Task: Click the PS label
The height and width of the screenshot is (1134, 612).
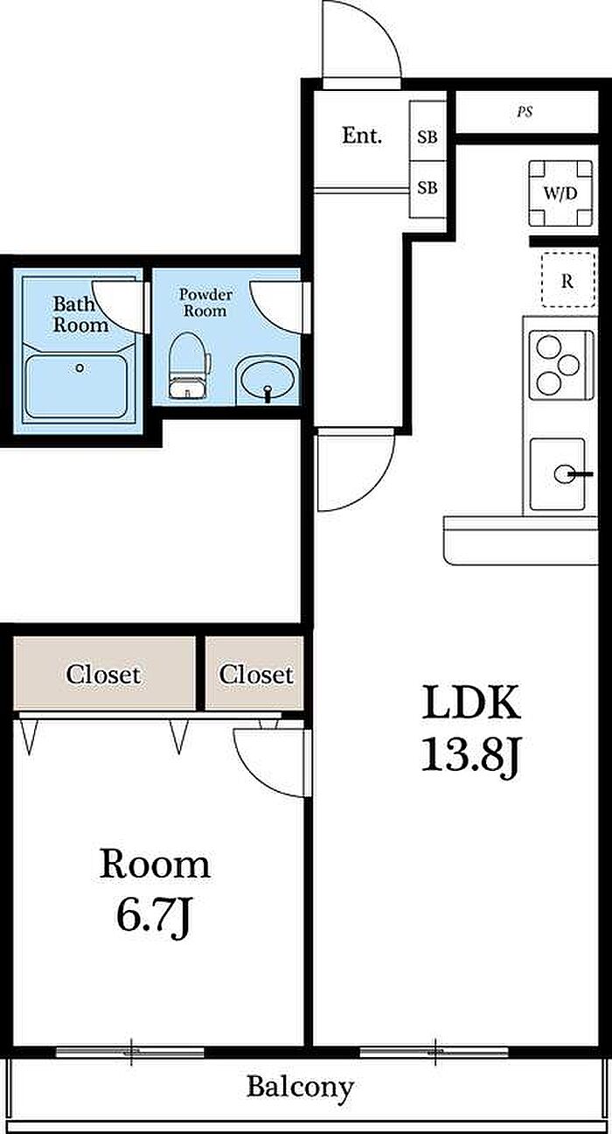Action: click(x=525, y=112)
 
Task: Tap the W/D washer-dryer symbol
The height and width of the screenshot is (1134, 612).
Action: click(x=560, y=192)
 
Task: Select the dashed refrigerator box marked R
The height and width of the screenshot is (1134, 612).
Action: click(x=567, y=280)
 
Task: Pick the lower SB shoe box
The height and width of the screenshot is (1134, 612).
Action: click(x=428, y=189)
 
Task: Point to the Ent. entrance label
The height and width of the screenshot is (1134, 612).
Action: click(x=362, y=136)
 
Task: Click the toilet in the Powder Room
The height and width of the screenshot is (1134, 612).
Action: click(x=189, y=365)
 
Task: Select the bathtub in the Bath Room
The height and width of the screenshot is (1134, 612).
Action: click(x=76, y=386)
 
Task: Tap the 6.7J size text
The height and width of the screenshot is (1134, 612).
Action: click(x=154, y=914)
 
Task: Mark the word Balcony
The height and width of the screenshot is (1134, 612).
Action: click(x=301, y=1087)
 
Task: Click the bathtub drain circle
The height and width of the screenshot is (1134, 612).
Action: click(x=80, y=368)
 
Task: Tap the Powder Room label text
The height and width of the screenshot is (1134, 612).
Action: click(x=205, y=303)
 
